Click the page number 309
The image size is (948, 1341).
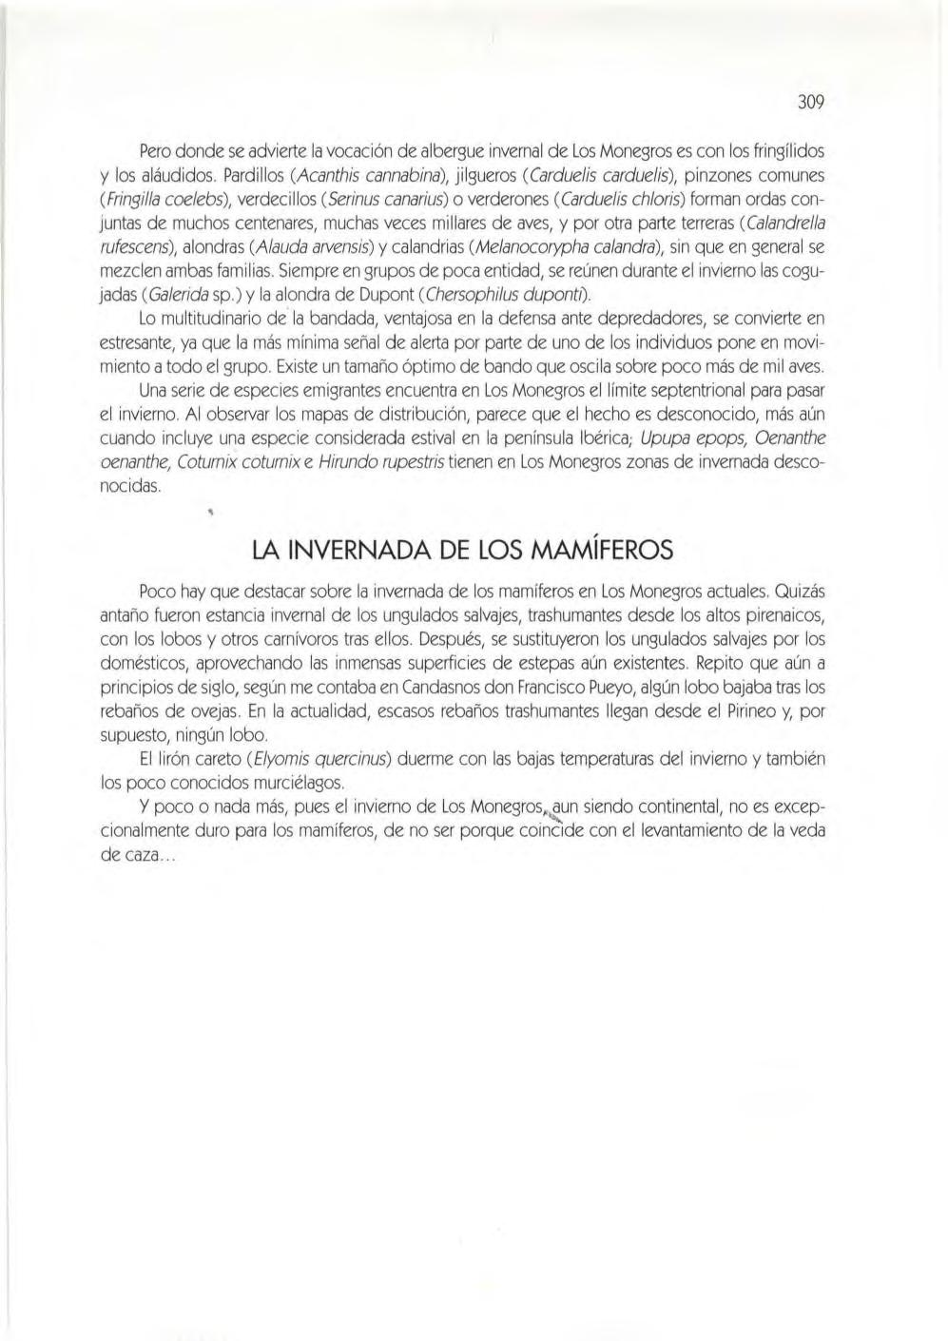808,102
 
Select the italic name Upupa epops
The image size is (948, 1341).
686,437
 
